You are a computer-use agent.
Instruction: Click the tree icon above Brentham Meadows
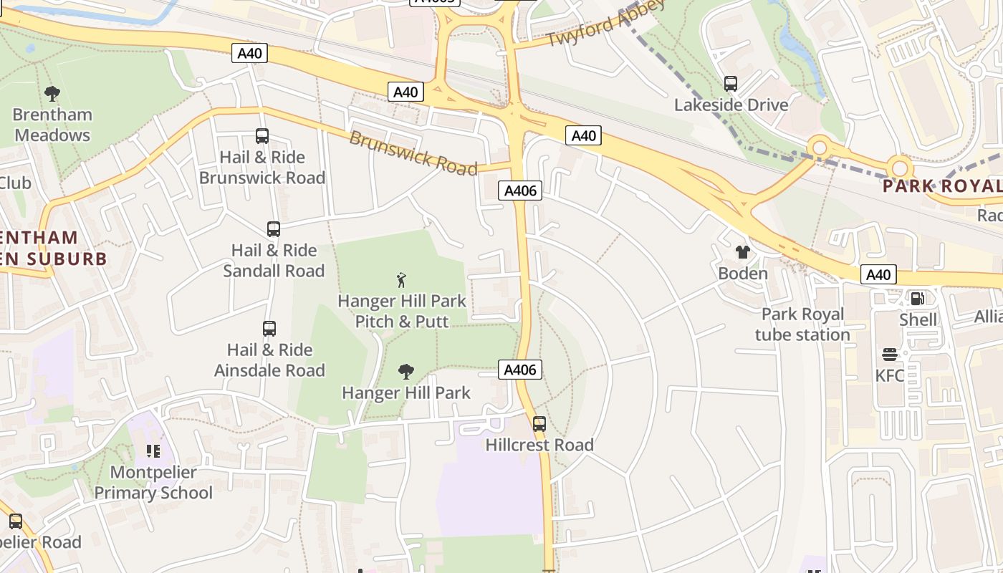pos(52,93)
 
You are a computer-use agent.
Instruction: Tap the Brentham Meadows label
pos(52,125)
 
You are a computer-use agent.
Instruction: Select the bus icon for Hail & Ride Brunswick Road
pos(262,136)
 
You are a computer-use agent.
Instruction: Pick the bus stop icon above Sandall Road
pos(273,229)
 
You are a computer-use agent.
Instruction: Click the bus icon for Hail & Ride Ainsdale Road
pos(269,329)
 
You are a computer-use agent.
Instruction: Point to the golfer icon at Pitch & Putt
pos(401,279)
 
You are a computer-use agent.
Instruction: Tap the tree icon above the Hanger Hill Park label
pos(405,371)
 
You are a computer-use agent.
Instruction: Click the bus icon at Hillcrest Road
pos(539,423)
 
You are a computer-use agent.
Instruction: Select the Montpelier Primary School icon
pos(153,451)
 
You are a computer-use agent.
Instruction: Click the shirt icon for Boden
pos(743,252)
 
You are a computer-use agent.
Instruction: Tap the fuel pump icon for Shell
pos(917,298)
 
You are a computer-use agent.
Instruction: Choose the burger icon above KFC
pos(890,355)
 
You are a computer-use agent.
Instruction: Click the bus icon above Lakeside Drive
pos(731,84)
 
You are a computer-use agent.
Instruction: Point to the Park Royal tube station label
pos(802,324)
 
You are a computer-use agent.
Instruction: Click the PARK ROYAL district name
pos(941,186)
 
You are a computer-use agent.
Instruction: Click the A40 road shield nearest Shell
pos(878,274)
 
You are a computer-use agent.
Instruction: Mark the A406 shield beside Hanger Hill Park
pos(520,370)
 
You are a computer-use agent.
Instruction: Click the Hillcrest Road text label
pos(539,445)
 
